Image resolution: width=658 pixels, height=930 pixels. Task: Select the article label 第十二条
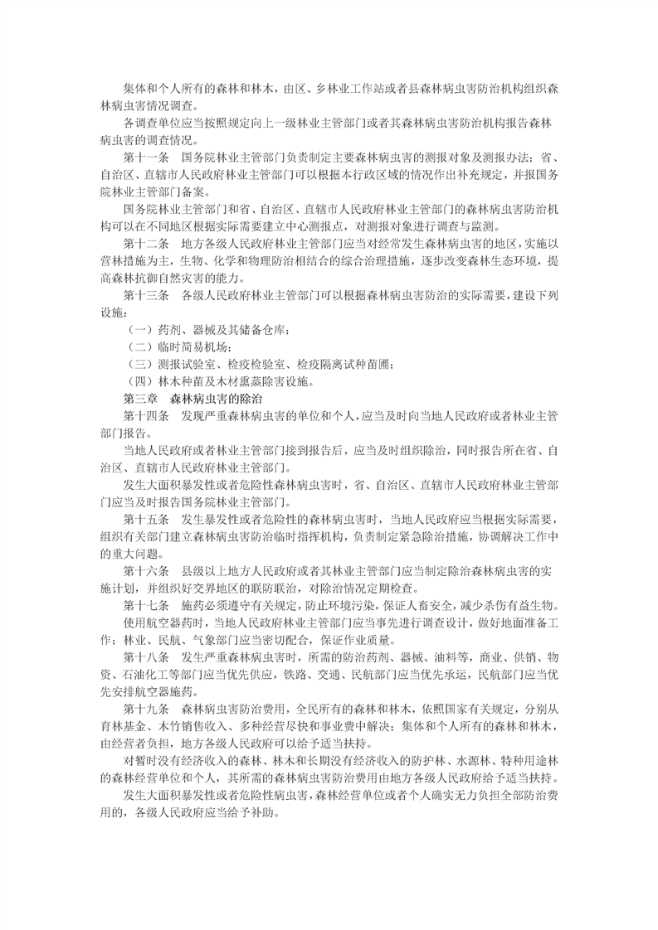point(146,245)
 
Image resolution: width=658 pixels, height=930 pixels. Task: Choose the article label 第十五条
point(146,519)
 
